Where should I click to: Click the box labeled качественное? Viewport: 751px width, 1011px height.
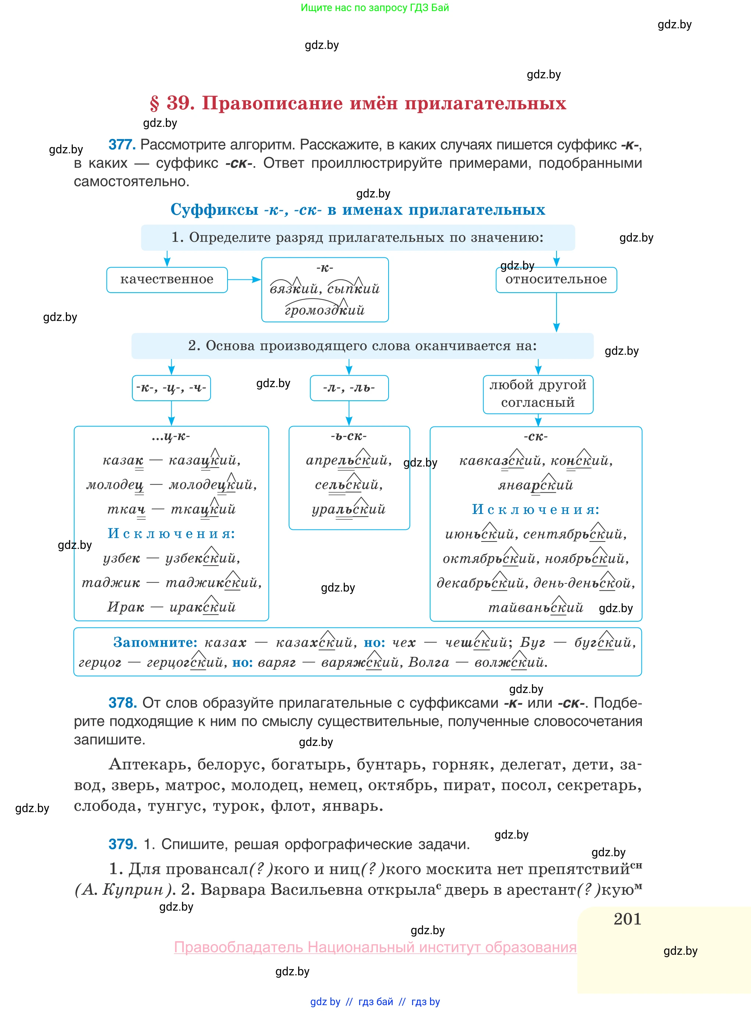pyautogui.click(x=167, y=279)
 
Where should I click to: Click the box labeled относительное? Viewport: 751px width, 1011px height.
pyautogui.click(x=556, y=279)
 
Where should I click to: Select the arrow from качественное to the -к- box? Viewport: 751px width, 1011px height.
pyautogui.click(x=244, y=279)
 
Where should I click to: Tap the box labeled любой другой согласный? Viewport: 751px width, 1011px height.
pyautogui.click(x=538, y=394)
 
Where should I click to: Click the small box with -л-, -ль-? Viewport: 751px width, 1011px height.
pyautogui.click(x=349, y=388)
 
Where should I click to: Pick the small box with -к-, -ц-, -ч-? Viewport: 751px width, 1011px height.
pyautogui.click(x=171, y=388)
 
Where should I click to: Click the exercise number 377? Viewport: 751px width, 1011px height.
pyautogui.click(x=122, y=144)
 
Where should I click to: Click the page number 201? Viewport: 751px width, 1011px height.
pyautogui.click(x=627, y=919)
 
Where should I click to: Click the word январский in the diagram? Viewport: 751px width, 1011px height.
pyautogui.click(x=536, y=485)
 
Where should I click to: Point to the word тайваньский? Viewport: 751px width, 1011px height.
pyautogui.click(x=536, y=607)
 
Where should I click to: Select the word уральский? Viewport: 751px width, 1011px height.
pyautogui.click(x=349, y=509)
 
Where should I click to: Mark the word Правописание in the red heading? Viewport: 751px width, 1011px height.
pyautogui.click(x=272, y=103)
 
